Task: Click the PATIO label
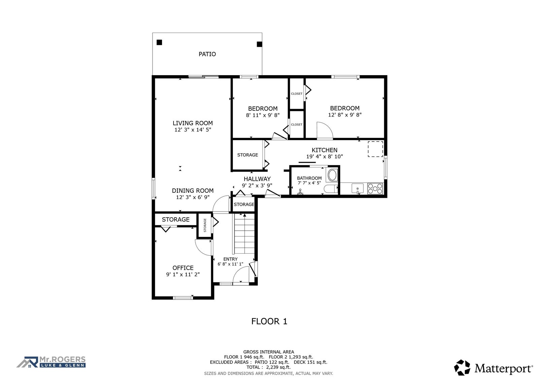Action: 207,54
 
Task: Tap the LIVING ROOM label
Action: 193,123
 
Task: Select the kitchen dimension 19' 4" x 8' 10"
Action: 324,157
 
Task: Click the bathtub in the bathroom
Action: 332,175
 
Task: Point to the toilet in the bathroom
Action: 330,189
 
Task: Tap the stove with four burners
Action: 375,189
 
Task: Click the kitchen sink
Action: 357,188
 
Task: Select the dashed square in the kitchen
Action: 375,149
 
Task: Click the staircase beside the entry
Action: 244,233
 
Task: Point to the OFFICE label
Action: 183,268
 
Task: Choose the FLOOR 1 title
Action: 269,321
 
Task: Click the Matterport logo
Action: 494,368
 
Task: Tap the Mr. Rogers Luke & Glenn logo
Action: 51,362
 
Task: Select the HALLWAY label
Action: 257,179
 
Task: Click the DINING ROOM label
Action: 193,191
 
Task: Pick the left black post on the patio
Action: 159,42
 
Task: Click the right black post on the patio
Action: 259,44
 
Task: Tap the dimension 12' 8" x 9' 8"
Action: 345,115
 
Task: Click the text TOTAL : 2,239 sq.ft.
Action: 268,367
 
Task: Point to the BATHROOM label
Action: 309,178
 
